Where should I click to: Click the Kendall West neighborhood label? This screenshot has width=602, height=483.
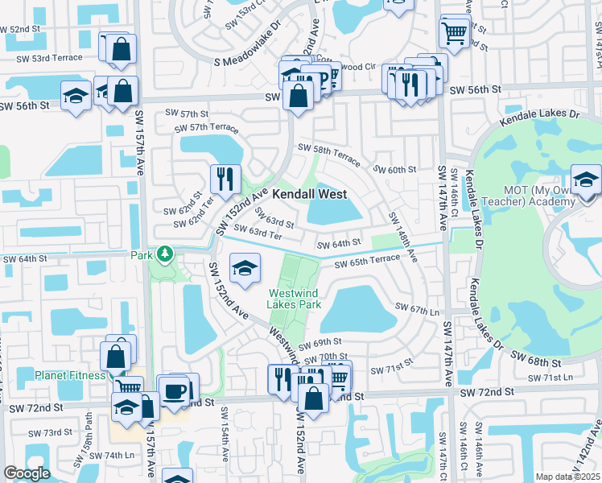click(x=309, y=195)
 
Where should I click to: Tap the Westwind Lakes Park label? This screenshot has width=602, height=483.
click(x=295, y=299)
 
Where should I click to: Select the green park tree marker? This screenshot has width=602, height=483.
click(x=165, y=255)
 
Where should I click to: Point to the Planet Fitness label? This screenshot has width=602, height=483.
click(x=69, y=375)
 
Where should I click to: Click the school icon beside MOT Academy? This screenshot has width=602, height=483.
click(x=586, y=180)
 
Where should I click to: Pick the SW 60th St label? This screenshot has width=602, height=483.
click(x=394, y=170)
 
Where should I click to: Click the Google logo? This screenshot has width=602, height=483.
click(x=27, y=473)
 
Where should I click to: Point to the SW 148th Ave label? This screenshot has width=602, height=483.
click(x=402, y=236)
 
